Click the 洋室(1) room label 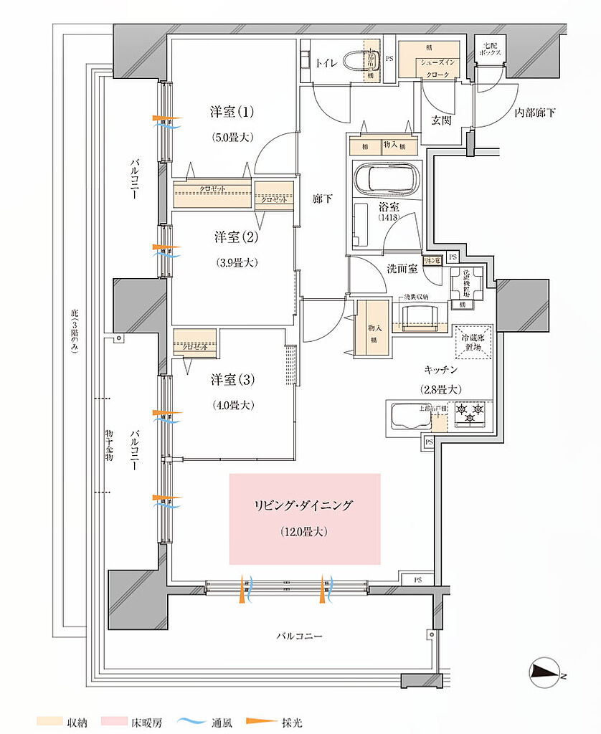(x=232, y=113)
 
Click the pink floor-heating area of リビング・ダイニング (x=304, y=518)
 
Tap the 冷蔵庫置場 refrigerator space (x=472, y=341)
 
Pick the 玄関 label (x=442, y=120)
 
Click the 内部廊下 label (x=535, y=113)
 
